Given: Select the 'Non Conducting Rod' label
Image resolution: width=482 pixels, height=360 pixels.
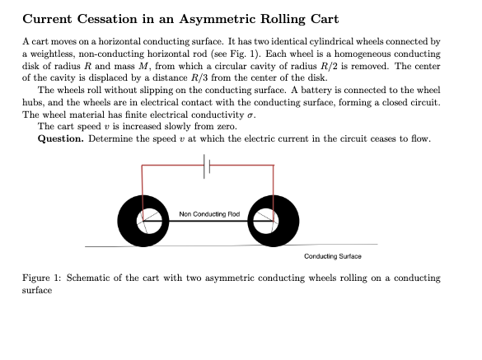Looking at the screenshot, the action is (209, 213).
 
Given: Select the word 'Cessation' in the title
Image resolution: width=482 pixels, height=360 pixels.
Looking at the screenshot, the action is (105, 19).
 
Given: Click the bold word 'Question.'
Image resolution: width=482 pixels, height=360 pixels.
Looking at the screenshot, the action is (60, 138).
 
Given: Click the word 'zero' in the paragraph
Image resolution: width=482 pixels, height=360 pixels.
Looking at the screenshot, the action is (226, 126).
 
